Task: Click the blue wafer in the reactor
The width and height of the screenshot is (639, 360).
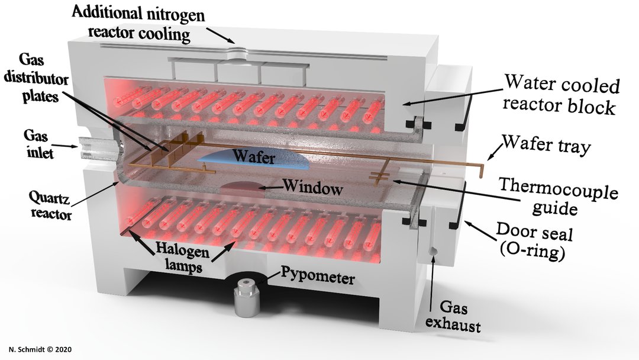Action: pos(254,160)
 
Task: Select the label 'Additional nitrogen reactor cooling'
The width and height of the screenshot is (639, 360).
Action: pos(138,24)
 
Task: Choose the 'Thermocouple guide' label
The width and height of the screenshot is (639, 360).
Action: pos(557,197)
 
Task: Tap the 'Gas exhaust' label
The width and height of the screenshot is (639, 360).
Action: pos(453,316)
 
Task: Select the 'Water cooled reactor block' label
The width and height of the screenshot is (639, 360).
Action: pos(561,95)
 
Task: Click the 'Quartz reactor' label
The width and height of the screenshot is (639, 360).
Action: pos(50,206)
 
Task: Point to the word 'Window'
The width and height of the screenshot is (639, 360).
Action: pos(313,188)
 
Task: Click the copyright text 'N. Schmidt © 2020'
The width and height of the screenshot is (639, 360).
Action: pos(40,349)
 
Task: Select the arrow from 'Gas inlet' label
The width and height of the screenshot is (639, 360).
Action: pos(64,145)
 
